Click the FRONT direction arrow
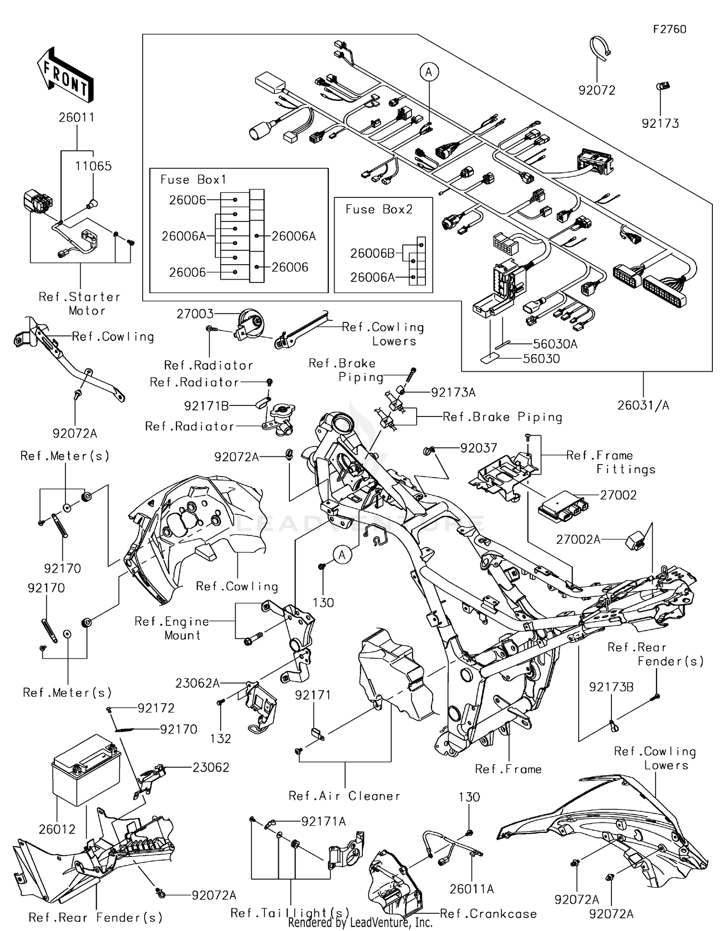pyautogui.click(x=65, y=74)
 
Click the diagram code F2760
pyautogui.click(x=670, y=29)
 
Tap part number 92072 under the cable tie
pyautogui.click(x=597, y=90)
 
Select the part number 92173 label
pyautogui.click(x=660, y=123)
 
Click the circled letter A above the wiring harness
pyautogui.click(x=429, y=72)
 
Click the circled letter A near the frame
pyautogui.click(x=342, y=555)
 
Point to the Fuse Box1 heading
pyautogui.click(x=193, y=180)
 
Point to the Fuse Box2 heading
pyautogui.click(x=379, y=209)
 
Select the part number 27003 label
pyautogui.click(x=195, y=314)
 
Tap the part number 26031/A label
pyautogui.click(x=643, y=405)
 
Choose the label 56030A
pyautogui.click(x=555, y=344)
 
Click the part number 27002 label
pyautogui.click(x=618, y=495)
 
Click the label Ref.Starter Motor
pyautogui.click(x=80, y=304)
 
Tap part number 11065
pyautogui.click(x=93, y=166)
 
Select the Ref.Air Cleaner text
pyautogui.click(x=344, y=796)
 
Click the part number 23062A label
pyautogui.click(x=197, y=683)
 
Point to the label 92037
pyautogui.click(x=478, y=448)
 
